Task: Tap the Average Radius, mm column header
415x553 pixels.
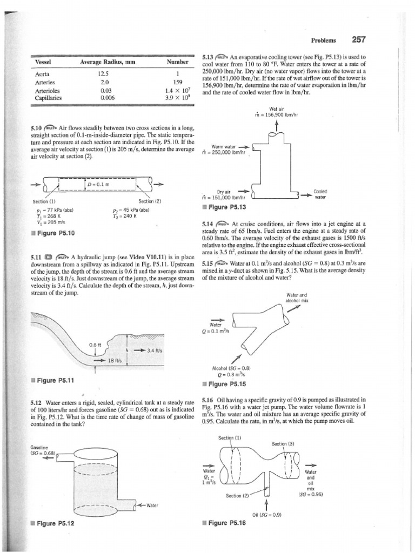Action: pos(108,62)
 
